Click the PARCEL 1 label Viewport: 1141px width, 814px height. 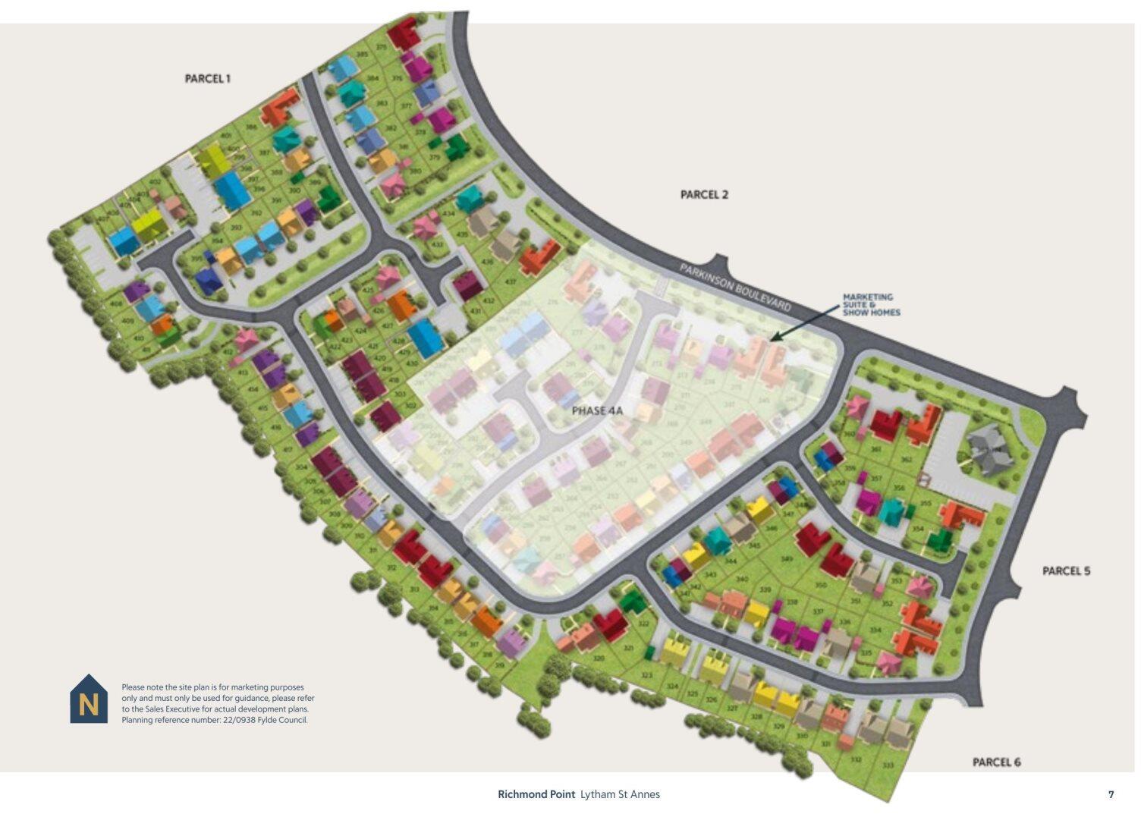point(207,78)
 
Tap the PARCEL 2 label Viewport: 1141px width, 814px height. point(703,194)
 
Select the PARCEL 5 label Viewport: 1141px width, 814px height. point(1065,570)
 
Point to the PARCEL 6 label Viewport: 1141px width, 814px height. point(996,762)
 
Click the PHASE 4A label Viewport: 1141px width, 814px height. point(596,410)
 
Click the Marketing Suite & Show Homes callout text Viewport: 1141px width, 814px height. point(871,304)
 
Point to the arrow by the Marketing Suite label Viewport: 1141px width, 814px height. point(796,327)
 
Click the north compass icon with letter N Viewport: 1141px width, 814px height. point(89,700)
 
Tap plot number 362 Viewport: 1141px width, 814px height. point(905,459)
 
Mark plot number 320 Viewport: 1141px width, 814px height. point(599,658)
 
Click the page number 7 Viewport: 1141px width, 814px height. point(1111,794)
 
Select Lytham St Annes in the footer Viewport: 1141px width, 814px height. point(620,794)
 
